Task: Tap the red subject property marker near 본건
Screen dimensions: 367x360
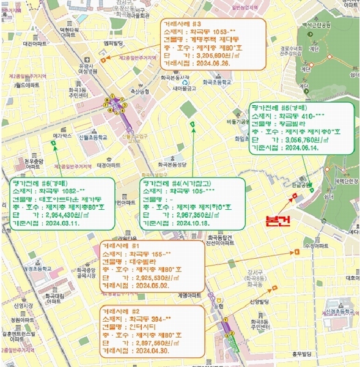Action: click(x=295, y=196)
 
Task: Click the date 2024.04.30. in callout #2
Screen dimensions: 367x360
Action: click(x=138, y=352)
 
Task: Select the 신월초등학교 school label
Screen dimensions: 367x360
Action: click(x=93, y=138)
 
